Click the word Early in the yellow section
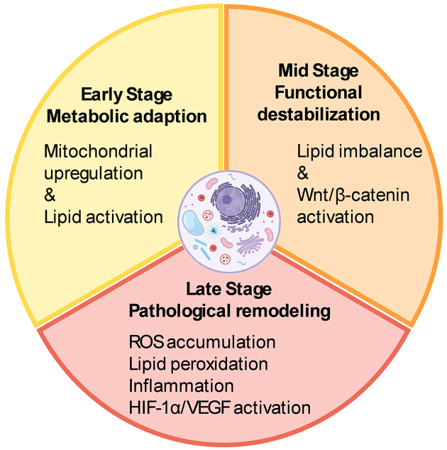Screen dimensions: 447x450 pos(102,94)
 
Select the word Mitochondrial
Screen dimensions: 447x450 pos(98,151)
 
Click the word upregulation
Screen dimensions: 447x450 pos(94,175)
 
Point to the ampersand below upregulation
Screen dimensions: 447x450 pos(50,195)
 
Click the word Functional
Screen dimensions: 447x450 pos(319,92)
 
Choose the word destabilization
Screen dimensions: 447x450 pos(319,114)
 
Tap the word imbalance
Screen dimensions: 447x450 pos(381,151)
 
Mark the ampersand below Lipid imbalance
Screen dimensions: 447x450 pos(303,173)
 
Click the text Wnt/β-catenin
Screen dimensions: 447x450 pos(353,195)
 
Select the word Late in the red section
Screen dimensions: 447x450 pos(204,289)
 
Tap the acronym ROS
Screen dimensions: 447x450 pos(147,342)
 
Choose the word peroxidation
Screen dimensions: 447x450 pos(219,365)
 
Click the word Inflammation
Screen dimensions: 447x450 pos(182,385)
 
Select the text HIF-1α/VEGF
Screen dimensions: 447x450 pos(180,407)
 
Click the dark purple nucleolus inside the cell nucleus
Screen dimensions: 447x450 pos(226,199)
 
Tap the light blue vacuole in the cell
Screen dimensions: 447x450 pos(193,223)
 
